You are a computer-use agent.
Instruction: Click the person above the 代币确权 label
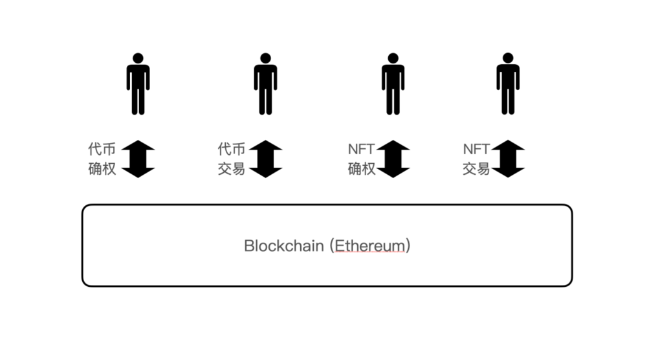(138, 84)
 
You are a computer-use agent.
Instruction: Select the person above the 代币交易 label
(265, 84)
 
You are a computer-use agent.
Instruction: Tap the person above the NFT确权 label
(393, 84)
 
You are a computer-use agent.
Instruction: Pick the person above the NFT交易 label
(508, 84)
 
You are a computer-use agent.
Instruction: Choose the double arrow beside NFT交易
(508, 159)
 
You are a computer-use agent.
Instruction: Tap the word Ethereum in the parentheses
(371, 246)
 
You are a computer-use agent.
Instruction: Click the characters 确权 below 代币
(102, 170)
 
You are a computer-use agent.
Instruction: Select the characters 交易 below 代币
(232, 170)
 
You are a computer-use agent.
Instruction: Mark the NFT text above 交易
(477, 149)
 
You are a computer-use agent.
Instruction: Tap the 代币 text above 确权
(102, 149)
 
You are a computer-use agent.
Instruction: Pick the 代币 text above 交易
(232, 149)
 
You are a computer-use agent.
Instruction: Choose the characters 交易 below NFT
(476, 170)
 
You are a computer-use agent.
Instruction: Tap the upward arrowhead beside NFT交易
(508, 146)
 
